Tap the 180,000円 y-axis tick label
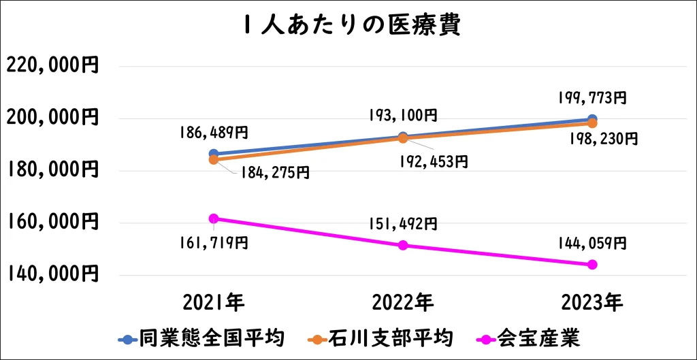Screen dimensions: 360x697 (52, 170)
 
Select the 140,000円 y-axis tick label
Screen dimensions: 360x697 (52, 274)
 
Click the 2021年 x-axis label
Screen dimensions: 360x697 (213, 301)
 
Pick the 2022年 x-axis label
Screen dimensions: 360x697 (403, 301)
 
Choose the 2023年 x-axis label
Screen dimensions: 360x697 (592, 301)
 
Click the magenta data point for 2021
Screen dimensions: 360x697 (214, 218)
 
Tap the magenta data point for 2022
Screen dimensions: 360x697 (403, 245)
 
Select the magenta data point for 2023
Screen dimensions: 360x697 (592, 264)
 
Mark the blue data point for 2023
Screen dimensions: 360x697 (592, 119)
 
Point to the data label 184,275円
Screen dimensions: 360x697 (274, 173)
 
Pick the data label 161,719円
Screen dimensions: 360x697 (213, 243)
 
